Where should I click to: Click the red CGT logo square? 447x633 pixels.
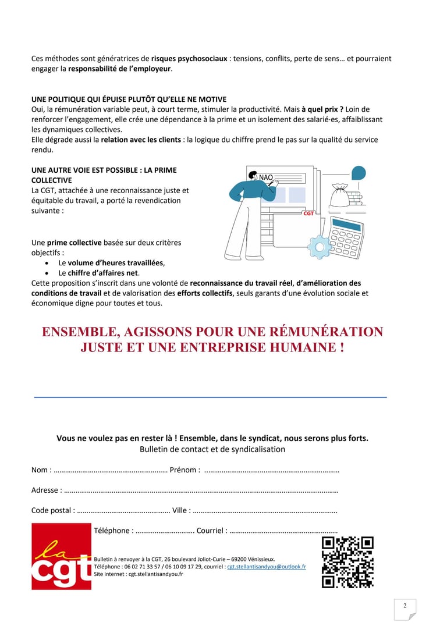point(61,556)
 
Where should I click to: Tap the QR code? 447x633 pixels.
point(347,562)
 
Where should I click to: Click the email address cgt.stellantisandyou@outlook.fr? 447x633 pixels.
point(266,566)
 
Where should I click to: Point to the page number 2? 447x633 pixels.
point(405,606)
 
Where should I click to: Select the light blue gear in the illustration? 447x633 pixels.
point(319,246)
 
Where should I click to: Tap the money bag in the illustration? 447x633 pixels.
point(339,195)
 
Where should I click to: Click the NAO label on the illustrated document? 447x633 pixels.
point(266,177)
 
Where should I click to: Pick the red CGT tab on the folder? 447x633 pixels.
point(308,214)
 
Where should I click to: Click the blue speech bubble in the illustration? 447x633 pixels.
point(359,173)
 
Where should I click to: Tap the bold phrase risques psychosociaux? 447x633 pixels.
point(189,59)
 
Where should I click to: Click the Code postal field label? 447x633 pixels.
point(52,510)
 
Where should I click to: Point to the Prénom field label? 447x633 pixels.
point(185,470)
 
